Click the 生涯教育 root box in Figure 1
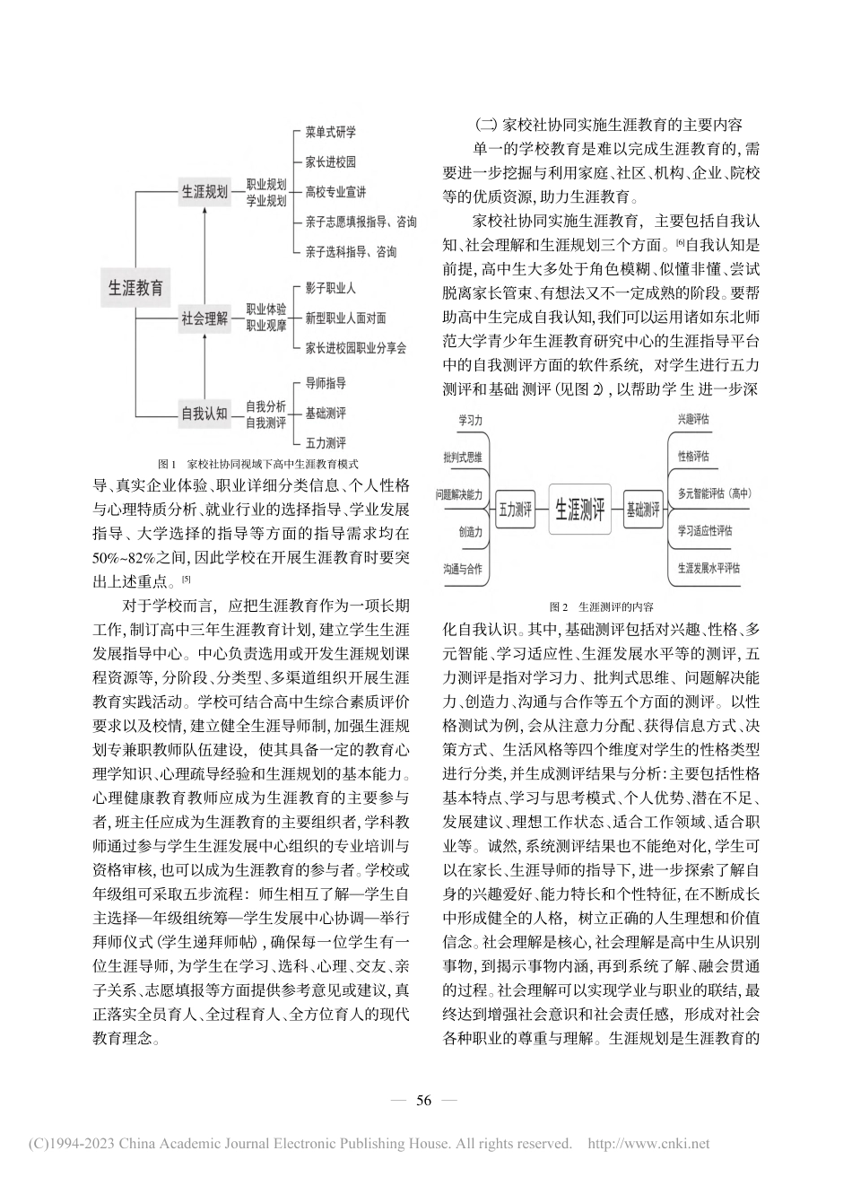pyautogui.click(x=135, y=288)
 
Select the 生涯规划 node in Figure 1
pyautogui.click(x=204, y=192)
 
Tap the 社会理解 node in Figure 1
pyautogui.click(x=204, y=318)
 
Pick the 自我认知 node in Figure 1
pyautogui.click(x=204, y=414)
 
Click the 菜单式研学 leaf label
pyautogui.click(x=330, y=133)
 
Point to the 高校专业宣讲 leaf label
pyautogui.click(x=335, y=192)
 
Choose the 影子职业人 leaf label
pyautogui.click(x=330, y=289)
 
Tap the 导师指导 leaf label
pyautogui.click(x=326, y=383)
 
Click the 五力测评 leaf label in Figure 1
pyautogui.click(x=326, y=443)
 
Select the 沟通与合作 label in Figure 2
pyautogui.click(x=462, y=569)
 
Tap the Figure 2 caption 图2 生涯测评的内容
pyautogui.click(x=601, y=606)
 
